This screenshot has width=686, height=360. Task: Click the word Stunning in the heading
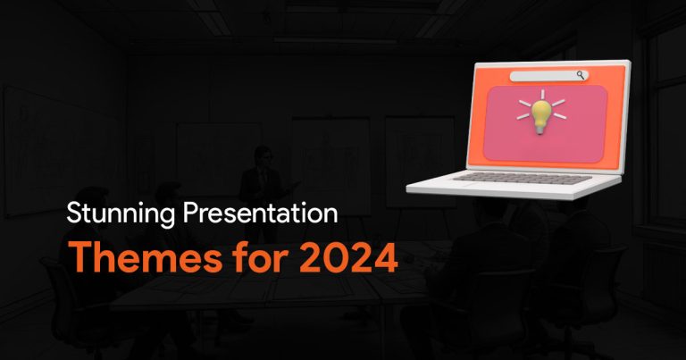121,214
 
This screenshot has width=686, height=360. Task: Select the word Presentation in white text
260,213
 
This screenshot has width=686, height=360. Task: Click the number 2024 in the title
348,257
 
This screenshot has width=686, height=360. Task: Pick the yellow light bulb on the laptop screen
541,117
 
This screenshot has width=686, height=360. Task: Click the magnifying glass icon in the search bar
581,75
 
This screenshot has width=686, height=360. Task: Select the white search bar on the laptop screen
549,76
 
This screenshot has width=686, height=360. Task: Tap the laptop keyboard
523,178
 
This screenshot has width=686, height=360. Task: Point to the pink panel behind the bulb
546,123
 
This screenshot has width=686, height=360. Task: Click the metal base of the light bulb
540,129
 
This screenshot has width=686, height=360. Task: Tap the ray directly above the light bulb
542,95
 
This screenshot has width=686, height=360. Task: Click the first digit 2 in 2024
312,257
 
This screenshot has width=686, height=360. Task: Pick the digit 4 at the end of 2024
386,257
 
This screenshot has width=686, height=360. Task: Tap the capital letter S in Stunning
74,213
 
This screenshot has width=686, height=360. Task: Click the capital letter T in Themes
81,256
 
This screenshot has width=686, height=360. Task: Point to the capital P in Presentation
190,213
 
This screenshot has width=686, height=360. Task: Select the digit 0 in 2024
336,257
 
